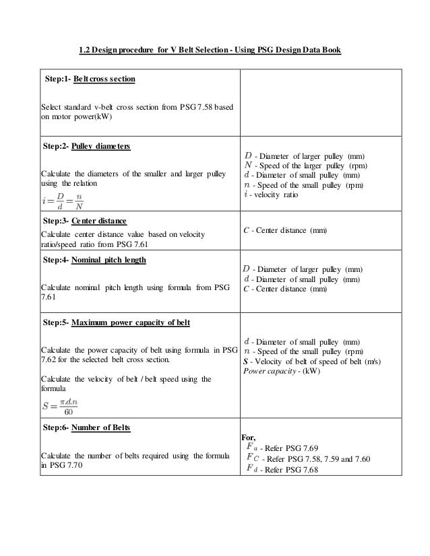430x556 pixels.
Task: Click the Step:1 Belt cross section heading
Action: point(90,79)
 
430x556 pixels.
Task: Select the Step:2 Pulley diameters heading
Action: point(86,146)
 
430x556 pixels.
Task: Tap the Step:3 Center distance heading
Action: point(84,221)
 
